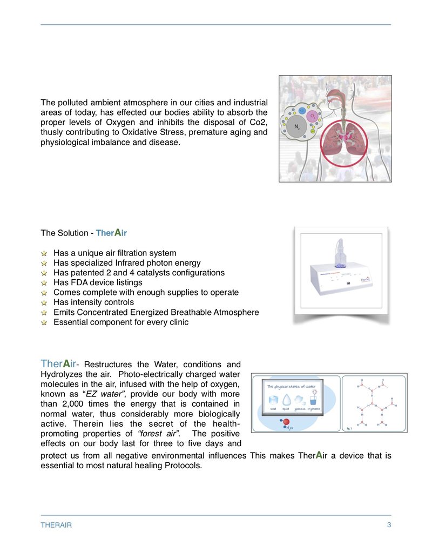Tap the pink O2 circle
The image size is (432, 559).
[312, 116]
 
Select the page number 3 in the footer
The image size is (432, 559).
[389, 525]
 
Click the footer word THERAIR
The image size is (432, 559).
[56, 525]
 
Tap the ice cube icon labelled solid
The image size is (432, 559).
[273, 400]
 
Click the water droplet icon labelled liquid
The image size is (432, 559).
[287, 400]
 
